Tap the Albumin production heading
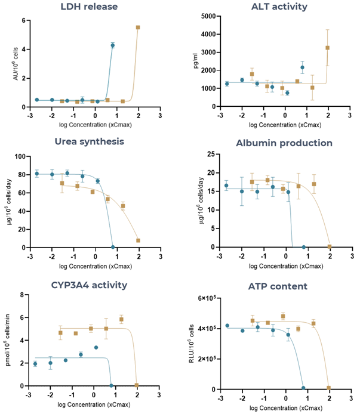276,143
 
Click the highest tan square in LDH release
138,27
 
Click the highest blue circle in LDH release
112,45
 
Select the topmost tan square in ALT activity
327,48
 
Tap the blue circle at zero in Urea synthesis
112,247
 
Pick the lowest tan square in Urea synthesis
138,240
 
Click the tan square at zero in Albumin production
329,246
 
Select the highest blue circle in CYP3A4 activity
96,347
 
